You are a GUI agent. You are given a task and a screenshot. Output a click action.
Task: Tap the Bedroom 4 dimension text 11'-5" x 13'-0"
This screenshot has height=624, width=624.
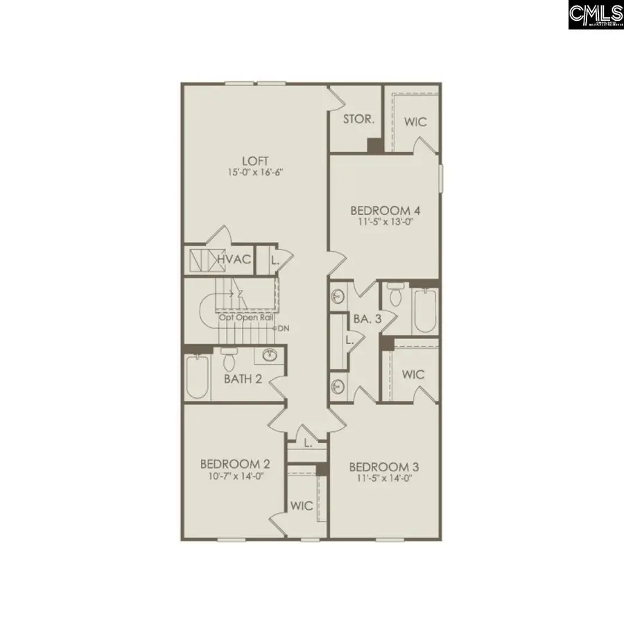coord(385,223)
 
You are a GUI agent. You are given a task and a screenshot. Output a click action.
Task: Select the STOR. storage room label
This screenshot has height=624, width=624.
coord(359,119)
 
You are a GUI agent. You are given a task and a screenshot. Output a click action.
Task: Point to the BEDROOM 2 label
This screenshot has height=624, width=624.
coord(235,464)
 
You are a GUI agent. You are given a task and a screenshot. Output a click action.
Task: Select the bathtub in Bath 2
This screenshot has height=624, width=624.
coord(197,378)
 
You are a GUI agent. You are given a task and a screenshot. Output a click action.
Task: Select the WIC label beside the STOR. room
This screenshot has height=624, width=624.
coord(415,122)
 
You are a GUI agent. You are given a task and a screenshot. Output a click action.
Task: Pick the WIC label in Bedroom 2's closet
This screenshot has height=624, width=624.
coord(301,505)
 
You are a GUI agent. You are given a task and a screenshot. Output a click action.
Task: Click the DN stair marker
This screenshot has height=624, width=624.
coord(283,328)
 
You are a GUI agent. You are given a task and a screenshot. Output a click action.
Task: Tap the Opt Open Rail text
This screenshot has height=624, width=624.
coord(246,318)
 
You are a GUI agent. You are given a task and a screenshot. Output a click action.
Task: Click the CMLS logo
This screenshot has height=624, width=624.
coord(595,15)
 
